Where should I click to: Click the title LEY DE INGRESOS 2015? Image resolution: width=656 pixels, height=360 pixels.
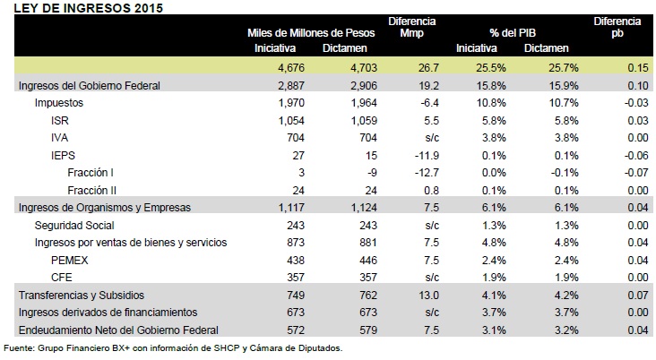point(89,8)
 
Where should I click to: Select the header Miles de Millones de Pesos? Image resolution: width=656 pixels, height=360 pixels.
point(311,33)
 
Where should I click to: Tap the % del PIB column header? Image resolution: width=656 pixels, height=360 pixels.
point(513,33)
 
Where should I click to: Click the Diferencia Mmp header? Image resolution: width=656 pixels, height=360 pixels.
point(411,27)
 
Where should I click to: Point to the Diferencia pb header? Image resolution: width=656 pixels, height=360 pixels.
point(617,27)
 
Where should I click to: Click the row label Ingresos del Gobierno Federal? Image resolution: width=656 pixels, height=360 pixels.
point(89,86)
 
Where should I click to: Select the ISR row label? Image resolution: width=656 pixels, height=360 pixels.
point(60,120)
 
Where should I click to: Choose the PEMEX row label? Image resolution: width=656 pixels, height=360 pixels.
point(69,260)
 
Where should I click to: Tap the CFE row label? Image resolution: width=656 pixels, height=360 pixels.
point(62,278)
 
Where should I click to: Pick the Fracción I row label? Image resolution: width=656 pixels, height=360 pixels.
point(91,173)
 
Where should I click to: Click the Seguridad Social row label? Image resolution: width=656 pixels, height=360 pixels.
point(74,226)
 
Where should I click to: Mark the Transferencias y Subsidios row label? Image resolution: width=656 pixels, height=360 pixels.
point(82,296)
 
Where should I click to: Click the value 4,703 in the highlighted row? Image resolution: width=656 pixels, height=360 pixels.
point(364,68)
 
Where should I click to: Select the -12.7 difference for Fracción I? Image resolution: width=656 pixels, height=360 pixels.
point(427,173)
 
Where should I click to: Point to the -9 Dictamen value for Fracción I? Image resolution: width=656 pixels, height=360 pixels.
point(372,173)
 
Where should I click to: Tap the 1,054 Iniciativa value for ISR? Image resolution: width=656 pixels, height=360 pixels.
point(291,120)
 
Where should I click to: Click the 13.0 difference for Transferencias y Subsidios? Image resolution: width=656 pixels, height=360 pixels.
point(428,296)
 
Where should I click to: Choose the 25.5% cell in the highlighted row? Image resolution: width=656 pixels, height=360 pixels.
point(491,68)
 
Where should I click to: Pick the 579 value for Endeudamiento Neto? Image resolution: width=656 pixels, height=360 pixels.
point(368,330)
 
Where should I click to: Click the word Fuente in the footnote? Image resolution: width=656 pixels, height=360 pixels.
point(19,347)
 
